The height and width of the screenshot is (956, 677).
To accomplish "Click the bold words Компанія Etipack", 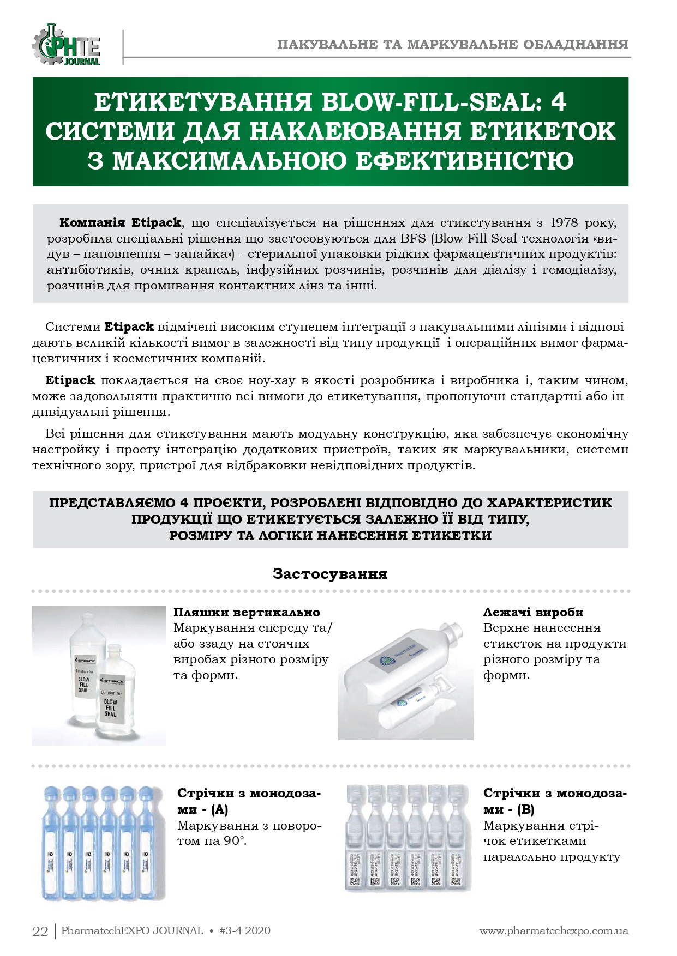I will pos(120,222).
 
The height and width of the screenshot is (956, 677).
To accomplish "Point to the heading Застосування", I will pos(330,573).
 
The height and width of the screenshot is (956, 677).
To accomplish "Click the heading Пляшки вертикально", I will pos(247,612).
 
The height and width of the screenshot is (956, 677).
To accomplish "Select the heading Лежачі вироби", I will pos(533,612).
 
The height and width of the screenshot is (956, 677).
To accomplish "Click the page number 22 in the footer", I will pos(41,931).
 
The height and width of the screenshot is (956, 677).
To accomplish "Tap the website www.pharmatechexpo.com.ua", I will pos(554,931).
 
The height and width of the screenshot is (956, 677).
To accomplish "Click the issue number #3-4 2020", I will pos(244,931).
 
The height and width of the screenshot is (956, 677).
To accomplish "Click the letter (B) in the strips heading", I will pos(525,809).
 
